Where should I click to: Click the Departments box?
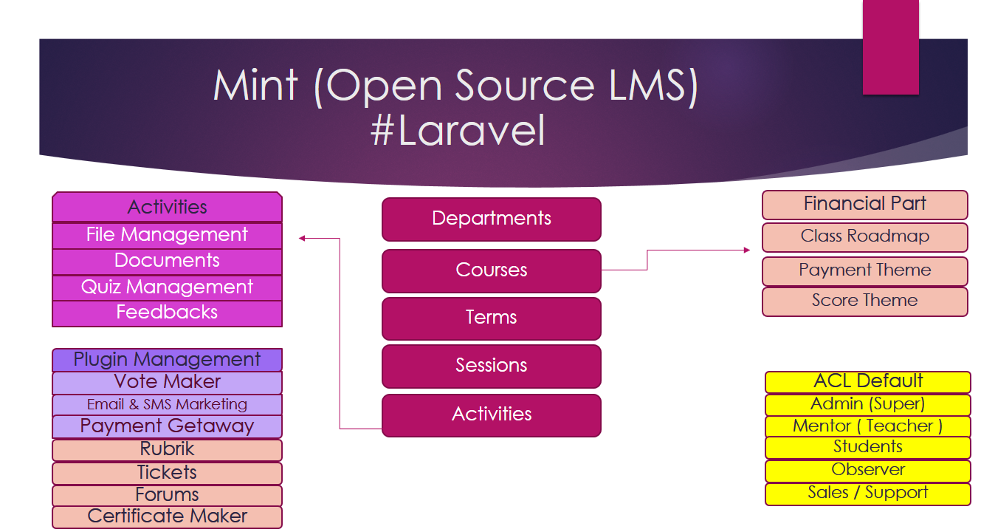click(x=491, y=219)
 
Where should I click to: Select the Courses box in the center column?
click(x=491, y=270)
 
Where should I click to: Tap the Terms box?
click(x=491, y=318)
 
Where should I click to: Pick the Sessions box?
click(x=491, y=366)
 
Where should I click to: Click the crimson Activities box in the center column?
click(x=491, y=415)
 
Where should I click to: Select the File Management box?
click(x=167, y=235)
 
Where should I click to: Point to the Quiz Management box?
click(x=167, y=287)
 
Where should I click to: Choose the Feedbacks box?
click(x=167, y=313)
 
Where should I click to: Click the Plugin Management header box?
click(x=167, y=360)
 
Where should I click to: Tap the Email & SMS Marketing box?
click(x=167, y=404)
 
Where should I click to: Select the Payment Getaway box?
click(x=167, y=426)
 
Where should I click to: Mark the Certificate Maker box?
click(x=167, y=516)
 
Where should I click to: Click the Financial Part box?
click(x=864, y=204)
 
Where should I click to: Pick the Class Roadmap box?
click(x=864, y=236)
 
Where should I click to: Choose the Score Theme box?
click(x=864, y=301)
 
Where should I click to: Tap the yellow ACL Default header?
click(x=868, y=381)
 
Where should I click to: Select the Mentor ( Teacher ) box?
click(x=868, y=426)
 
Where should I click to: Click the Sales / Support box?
click(x=868, y=494)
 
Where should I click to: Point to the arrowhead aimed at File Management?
click(x=303, y=238)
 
